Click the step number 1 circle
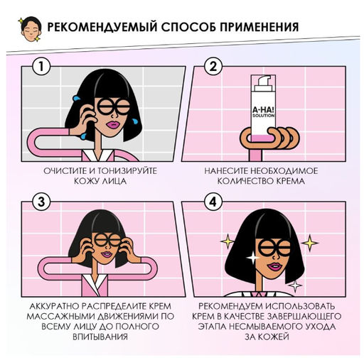click(x=44, y=67)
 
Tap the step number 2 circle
click(x=211, y=67)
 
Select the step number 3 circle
click(x=44, y=202)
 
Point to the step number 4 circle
click(x=211, y=202)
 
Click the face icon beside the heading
click(x=26, y=28)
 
